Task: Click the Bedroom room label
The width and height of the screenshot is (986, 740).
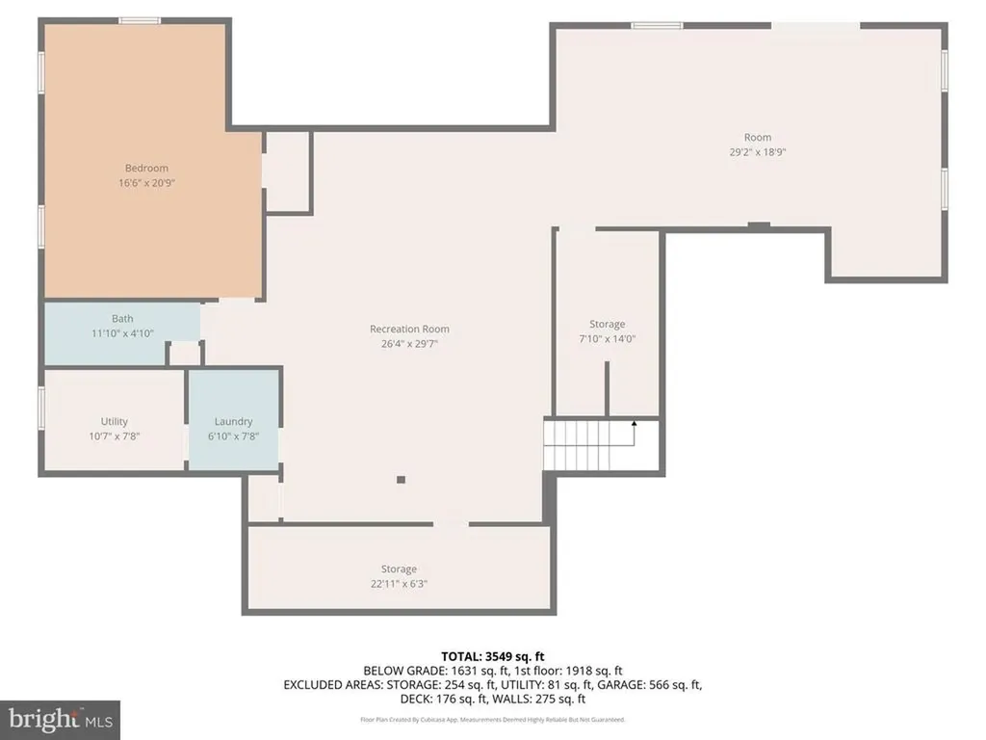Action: pyautogui.click(x=146, y=169)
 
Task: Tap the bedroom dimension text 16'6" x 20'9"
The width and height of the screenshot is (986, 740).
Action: pyautogui.click(x=146, y=183)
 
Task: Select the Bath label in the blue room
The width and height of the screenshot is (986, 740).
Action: pyautogui.click(x=122, y=319)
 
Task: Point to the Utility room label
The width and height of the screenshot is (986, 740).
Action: pyautogui.click(x=115, y=421)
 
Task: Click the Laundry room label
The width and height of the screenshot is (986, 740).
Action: pyautogui.click(x=234, y=421)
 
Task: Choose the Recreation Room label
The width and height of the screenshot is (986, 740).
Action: pyautogui.click(x=409, y=330)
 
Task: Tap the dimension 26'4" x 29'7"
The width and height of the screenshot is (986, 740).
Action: pyautogui.click(x=409, y=343)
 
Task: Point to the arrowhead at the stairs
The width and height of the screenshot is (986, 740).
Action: pyautogui.click(x=634, y=422)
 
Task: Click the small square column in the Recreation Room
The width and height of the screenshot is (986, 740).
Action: pyautogui.click(x=402, y=479)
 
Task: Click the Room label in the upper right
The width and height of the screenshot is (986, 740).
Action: pyautogui.click(x=758, y=138)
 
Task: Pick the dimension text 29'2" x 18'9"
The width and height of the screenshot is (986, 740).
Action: pyautogui.click(x=758, y=152)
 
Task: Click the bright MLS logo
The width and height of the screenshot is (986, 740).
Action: pyautogui.click(x=60, y=719)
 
